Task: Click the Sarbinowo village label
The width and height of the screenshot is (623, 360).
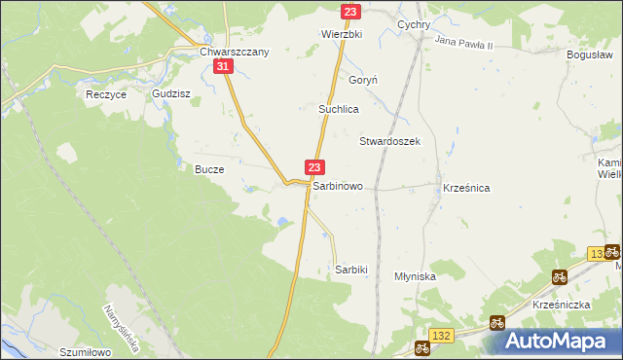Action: pyautogui.click(x=338, y=185)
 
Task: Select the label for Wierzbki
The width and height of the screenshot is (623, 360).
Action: pyautogui.click(x=342, y=33)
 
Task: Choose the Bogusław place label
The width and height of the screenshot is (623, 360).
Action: pyautogui.click(x=589, y=54)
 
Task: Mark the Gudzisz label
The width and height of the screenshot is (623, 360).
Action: pyautogui.click(x=170, y=94)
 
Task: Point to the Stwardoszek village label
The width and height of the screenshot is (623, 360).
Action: pyautogui.click(x=389, y=141)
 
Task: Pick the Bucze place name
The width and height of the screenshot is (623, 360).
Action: pyautogui.click(x=209, y=168)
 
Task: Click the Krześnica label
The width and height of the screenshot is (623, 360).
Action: pyautogui.click(x=465, y=186)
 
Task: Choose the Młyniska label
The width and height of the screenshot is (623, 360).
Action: pyautogui.click(x=415, y=276)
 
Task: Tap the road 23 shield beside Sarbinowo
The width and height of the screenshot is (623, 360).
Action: pyautogui.click(x=314, y=167)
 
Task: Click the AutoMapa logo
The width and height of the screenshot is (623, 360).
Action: pyautogui.click(x=558, y=342)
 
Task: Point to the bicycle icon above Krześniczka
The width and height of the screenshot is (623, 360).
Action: pyautogui.click(x=559, y=276)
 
